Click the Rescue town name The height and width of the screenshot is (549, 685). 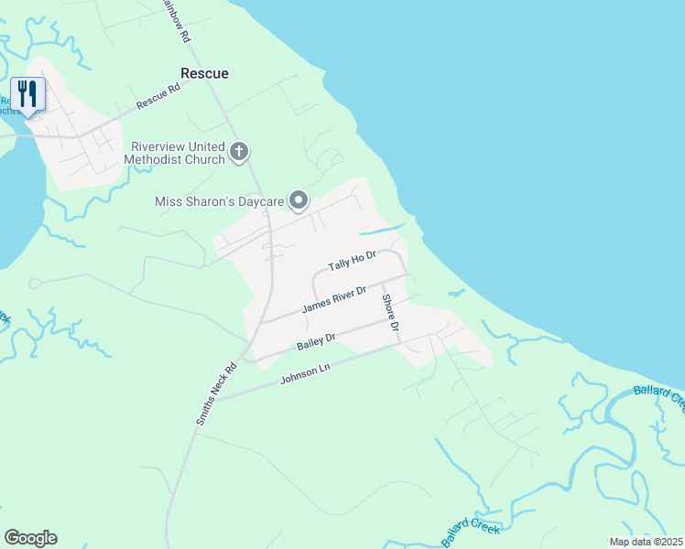pos(204,73)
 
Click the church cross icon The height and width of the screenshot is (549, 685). pos(239,152)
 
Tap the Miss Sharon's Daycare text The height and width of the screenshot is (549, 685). pos(218,200)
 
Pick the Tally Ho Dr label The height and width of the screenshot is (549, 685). pos(353,262)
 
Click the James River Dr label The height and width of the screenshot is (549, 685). pos(334,299)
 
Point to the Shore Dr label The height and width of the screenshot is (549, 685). pos(391,314)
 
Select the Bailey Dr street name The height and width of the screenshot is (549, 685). pos(316,343)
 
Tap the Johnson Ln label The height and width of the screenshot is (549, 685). pos(305,372)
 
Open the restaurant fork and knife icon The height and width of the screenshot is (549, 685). pos(27,93)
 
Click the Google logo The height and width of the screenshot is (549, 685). pos(30,538)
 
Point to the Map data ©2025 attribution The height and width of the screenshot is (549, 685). pos(645,542)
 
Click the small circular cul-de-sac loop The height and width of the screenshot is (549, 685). pos(34,284)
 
